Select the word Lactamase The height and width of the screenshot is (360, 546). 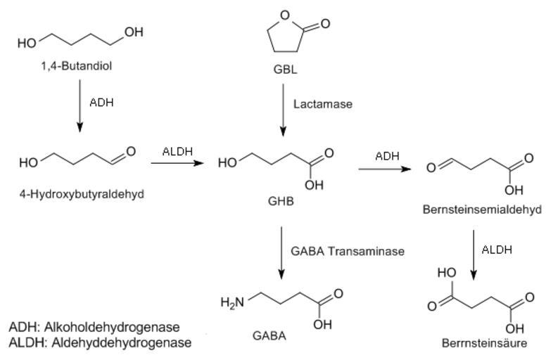coord(322,103)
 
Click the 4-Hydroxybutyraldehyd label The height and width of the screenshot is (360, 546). coord(82,194)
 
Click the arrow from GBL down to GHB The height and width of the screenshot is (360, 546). coord(282,109)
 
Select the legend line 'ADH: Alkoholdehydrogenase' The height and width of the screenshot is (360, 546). coord(94,327)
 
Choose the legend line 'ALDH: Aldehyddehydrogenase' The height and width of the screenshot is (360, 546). coord(99,342)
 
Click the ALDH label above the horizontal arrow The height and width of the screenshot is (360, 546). coord(177,151)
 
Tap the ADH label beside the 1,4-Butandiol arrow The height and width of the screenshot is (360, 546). coord(101,102)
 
